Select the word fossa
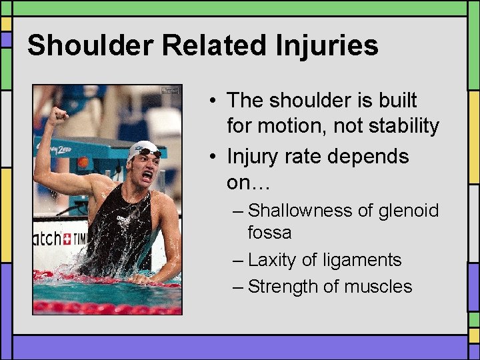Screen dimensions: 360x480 (x=269, y=233)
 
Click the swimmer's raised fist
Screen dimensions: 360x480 (x=59, y=116)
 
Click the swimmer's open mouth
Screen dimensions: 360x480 (x=147, y=176)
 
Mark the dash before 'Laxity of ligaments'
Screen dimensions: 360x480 (x=239, y=260)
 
